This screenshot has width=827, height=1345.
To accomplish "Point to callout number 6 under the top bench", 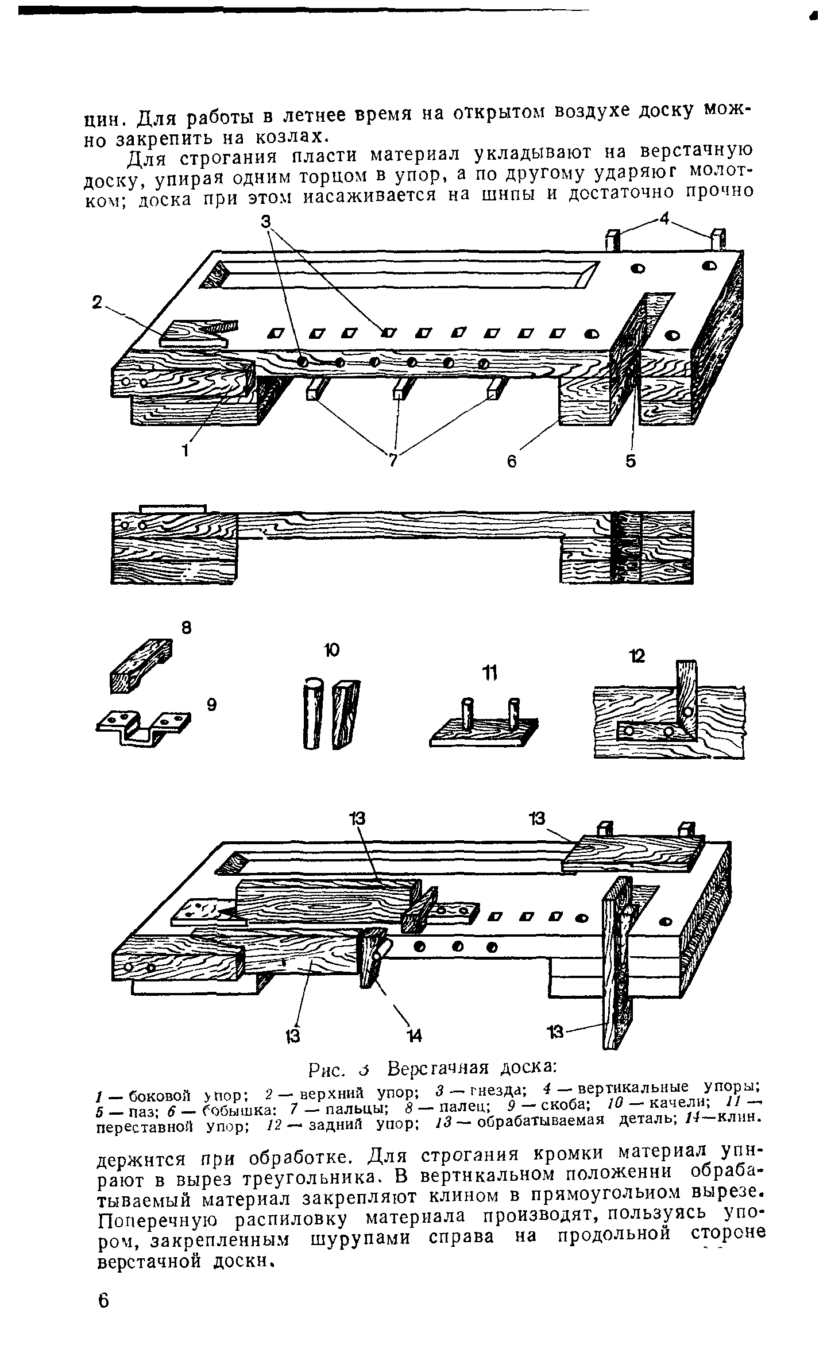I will (x=512, y=461).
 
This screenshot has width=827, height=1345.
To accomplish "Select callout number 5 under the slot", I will (x=631, y=461).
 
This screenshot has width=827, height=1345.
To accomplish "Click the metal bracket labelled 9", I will (x=144, y=724).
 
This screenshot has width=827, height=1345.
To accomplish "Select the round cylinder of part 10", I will (x=312, y=713).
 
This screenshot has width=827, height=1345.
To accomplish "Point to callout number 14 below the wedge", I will (x=415, y=1035).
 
